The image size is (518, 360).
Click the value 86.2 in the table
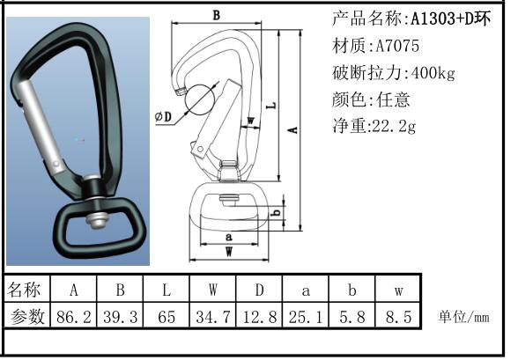pos(73,317)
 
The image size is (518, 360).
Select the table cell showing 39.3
pos(120,317)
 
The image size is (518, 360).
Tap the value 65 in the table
pos(166,317)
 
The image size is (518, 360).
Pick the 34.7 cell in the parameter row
pos(213,317)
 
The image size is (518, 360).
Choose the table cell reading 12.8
pos(259,317)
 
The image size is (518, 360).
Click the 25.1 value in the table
pos(306,317)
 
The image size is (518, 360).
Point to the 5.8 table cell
pos(352,317)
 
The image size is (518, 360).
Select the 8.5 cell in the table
pos(398,317)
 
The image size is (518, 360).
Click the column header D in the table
pos(259,290)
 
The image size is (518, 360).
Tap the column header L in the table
pos(166,290)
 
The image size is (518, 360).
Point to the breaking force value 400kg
pos(433,72)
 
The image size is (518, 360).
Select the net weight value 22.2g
pos(394,126)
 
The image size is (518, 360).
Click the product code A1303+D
pos(442,18)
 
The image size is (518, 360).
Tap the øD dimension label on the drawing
pos(164,116)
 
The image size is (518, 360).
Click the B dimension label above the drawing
pos(216,15)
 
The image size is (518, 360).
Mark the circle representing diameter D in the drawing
pos(185,99)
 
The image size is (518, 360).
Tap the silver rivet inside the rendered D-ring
pos(98,220)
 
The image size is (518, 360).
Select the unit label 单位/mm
pos(463,317)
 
